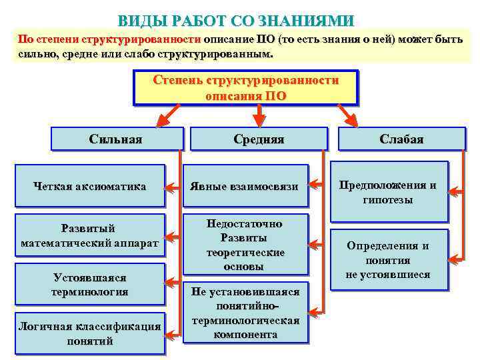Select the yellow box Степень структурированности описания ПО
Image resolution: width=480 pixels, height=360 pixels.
tap(245, 88)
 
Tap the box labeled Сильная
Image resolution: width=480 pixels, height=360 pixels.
tap(116, 139)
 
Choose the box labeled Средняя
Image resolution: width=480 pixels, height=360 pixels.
tap(259, 139)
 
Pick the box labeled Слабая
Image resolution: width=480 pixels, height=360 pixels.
tap(401, 139)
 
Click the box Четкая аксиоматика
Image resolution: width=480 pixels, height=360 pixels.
tap(90, 187)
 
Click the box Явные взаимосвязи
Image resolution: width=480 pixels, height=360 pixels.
tap(245, 187)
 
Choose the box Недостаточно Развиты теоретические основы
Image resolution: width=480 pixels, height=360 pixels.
tap(245, 245)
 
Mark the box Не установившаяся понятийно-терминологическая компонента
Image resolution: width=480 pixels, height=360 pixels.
tap(245, 313)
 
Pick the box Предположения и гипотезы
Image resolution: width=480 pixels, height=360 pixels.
tap(388, 192)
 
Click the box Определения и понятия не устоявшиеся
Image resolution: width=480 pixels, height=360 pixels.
tap(388, 260)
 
